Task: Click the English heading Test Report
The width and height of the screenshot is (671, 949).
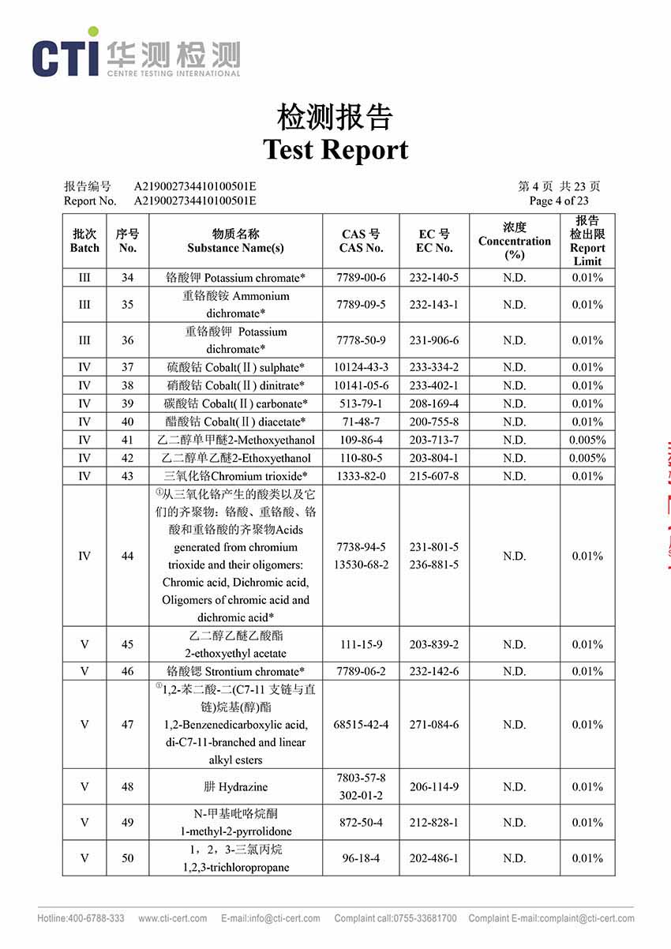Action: point(335,149)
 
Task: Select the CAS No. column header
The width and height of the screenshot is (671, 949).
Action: point(361,241)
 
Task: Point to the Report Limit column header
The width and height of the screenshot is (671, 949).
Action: point(587,241)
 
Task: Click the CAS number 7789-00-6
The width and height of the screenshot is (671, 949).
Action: point(361,278)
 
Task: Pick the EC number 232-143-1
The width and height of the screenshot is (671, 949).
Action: point(434,305)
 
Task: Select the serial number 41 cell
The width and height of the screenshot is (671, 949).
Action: point(128,440)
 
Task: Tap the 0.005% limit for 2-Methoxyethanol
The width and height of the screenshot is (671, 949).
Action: point(587,440)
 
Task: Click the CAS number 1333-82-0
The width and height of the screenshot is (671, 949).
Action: point(361,476)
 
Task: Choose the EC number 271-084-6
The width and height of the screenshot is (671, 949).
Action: point(434,725)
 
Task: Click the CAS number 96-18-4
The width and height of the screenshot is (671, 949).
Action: point(361,858)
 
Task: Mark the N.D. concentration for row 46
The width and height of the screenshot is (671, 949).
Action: point(514,672)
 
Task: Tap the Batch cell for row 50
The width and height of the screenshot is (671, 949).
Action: point(84,858)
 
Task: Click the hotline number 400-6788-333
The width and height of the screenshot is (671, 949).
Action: point(81,918)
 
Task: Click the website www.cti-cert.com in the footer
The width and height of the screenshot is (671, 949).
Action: point(173,918)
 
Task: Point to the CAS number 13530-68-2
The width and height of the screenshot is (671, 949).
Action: point(362,565)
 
